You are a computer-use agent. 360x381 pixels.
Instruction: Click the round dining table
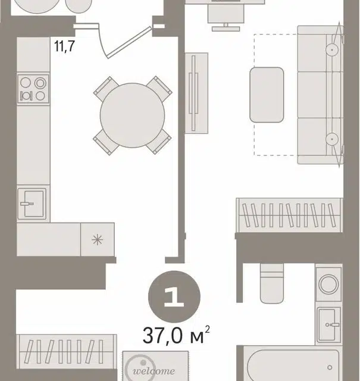[x=132, y=115]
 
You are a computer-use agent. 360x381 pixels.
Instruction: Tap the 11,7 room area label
[x=64, y=46]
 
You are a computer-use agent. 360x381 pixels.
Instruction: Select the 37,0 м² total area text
[x=176, y=335]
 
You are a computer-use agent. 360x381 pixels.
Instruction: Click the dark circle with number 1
[x=174, y=296]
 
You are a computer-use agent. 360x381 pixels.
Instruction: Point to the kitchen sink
[x=32, y=204]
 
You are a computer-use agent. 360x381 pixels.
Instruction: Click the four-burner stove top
[x=33, y=89]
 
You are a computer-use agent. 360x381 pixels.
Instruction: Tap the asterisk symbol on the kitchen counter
[x=98, y=240]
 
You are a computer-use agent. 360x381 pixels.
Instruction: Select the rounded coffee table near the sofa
[x=267, y=95]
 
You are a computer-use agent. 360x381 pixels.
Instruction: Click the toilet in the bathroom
[x=272, y=283]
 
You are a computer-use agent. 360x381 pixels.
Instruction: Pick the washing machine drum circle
[x=328, y=284]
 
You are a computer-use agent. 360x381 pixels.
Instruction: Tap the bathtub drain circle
[x=330, y=367]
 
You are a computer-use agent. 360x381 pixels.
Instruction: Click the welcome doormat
[x=155, y=366]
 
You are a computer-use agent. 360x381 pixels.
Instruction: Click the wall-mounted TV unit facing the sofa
[x=196, y=93]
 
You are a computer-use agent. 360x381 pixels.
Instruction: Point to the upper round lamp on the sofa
[x=332, y=50]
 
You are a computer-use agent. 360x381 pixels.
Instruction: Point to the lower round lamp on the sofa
[x=332, y=139]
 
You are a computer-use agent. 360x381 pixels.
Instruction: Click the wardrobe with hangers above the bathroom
[x=289, y=216]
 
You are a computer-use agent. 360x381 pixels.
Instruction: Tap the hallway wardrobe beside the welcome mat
[x=67, y=352]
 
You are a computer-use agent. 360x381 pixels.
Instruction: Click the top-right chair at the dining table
[x=159, y=88]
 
